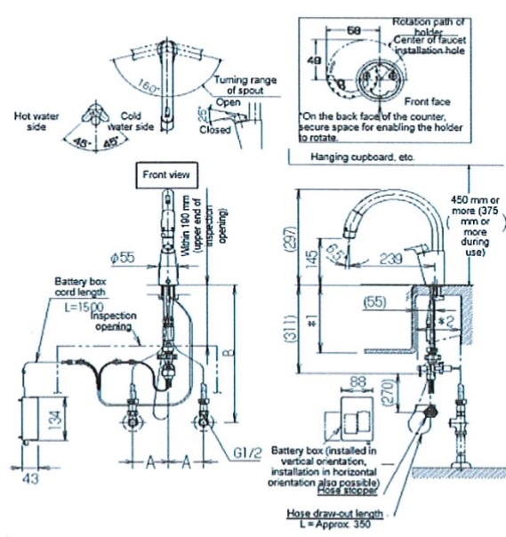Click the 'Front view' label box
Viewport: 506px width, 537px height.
click(x=166, y=175)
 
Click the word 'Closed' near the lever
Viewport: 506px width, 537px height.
click(x=215, y=130)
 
